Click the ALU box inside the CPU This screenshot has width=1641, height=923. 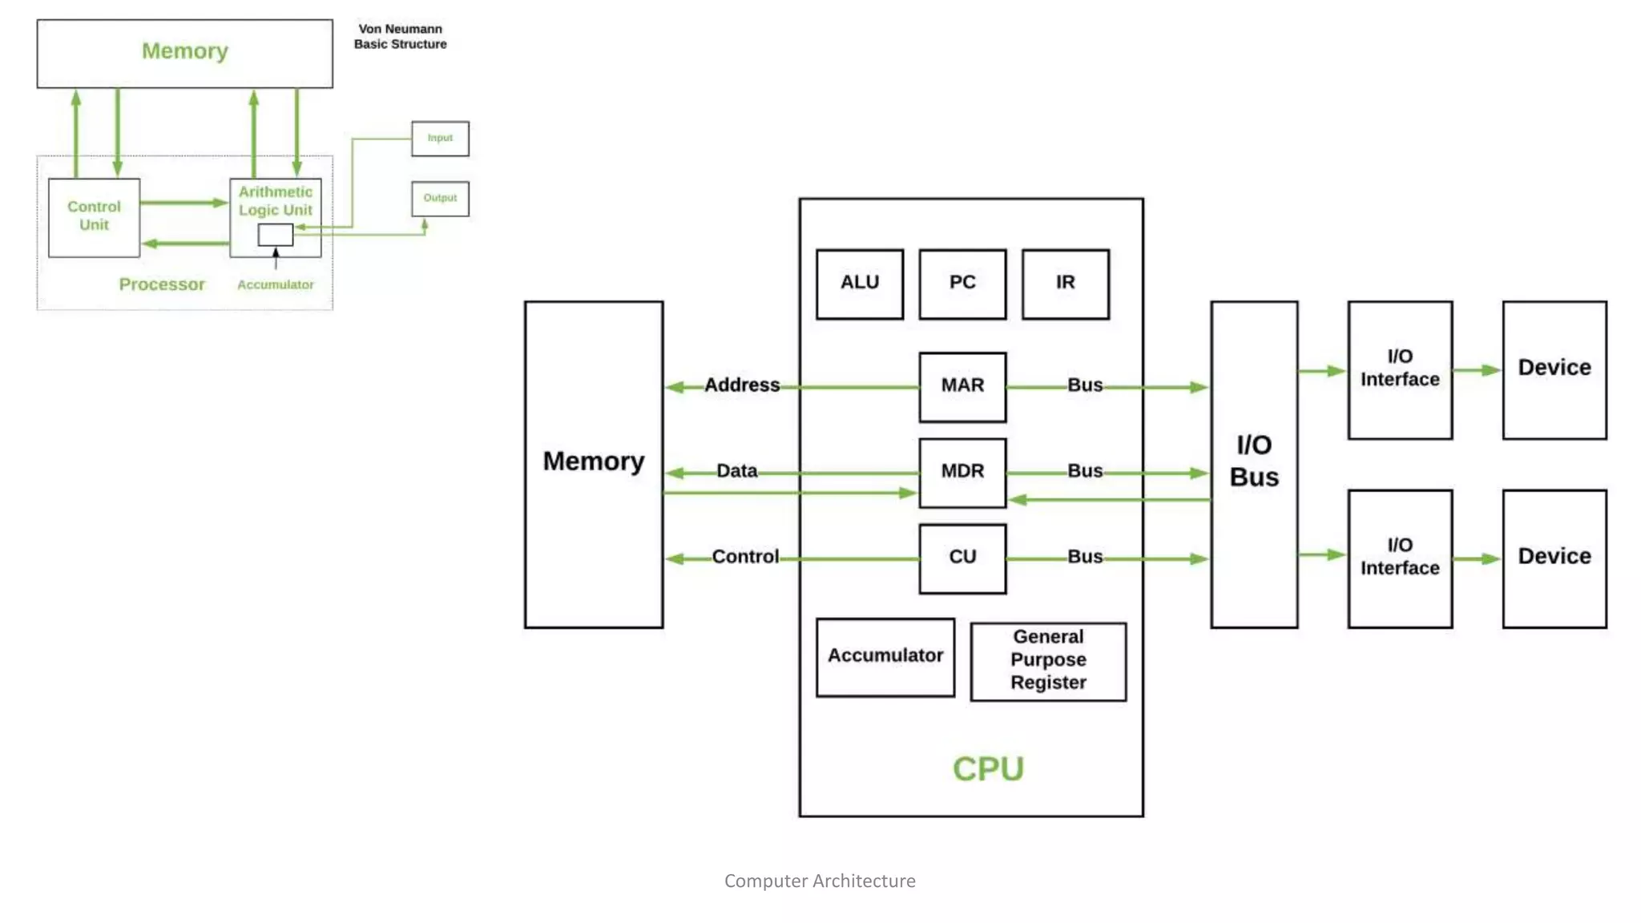(860, 284)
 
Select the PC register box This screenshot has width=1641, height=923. (962, 284)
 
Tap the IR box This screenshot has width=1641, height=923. (1065, 284)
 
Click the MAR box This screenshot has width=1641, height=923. (962, 386)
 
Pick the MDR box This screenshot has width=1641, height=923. (962, 472)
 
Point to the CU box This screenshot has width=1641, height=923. (962, 558)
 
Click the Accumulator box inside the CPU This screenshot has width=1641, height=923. (885, 656)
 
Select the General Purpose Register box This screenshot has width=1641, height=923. (1047, 661)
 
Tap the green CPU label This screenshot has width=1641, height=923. (988, 769)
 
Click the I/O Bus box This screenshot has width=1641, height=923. (1254, 463)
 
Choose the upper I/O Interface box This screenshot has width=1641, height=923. (1399, 369)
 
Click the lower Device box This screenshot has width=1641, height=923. (1554, 558)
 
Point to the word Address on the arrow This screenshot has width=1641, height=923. (741, 385)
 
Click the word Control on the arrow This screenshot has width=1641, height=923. (744, 557)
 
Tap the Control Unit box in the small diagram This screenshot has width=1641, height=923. (94, 216)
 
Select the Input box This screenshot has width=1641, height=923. (440, 139)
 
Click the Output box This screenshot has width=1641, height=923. (440, 198)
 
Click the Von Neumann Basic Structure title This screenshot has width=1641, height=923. (400, 37)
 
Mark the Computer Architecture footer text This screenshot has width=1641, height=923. (819, 881)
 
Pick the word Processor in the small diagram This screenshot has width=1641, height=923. (162, 284)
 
